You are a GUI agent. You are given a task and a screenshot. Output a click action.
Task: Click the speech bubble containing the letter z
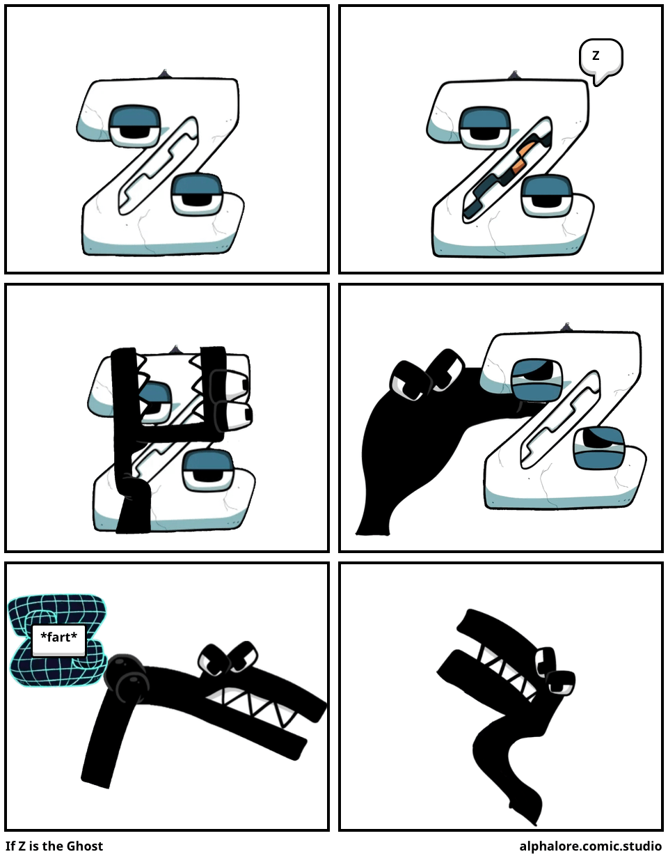point(601,59)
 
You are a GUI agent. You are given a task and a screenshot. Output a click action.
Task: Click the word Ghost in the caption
point(85,846)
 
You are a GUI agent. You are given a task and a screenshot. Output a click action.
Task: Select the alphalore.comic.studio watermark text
point(591,846)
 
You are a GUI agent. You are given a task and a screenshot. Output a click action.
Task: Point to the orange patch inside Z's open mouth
point(524,158)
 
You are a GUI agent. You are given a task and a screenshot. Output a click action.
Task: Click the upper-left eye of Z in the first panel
point(134,125)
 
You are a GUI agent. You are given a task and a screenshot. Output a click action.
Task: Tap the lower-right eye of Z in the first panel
point(197,194)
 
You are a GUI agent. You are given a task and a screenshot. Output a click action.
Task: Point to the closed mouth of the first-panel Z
point(159,166)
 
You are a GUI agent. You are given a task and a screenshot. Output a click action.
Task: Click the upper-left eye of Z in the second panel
point(484,127)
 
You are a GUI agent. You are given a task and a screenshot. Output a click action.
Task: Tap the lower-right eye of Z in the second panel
point(546,195)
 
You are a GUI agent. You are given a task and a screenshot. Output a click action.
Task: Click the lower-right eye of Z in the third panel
point(208,471)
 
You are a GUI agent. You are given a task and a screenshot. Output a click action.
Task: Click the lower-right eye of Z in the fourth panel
point(598,448)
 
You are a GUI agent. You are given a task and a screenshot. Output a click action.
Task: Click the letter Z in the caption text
point(22,846)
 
